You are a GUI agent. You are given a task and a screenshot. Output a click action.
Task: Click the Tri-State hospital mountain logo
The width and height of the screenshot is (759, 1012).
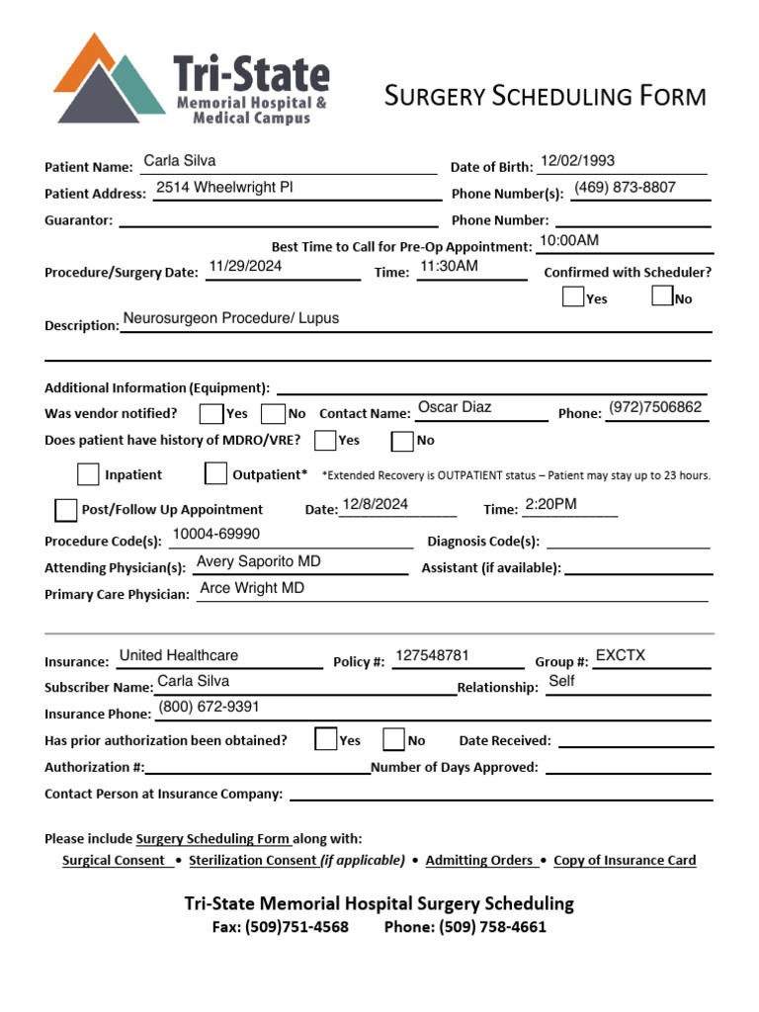[109, 79]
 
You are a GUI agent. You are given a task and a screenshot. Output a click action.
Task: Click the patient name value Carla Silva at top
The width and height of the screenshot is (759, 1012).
[179, 161]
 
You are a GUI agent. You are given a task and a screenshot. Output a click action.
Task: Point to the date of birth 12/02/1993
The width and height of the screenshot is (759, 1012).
[577, 161]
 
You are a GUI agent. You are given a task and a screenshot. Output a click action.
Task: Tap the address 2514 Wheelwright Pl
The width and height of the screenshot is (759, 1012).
[224, 188]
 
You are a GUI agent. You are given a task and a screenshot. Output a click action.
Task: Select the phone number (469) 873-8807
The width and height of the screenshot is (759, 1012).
[625, 188]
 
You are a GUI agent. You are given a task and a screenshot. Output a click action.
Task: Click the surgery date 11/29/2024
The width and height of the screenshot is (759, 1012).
[245, 266]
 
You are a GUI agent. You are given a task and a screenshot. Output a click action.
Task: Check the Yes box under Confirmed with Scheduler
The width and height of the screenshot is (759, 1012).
[572, 296]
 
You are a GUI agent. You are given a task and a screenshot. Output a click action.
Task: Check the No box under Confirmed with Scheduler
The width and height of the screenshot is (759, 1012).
[662, 296]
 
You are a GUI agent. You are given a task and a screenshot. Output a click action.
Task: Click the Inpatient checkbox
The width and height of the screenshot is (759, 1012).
[88, 474]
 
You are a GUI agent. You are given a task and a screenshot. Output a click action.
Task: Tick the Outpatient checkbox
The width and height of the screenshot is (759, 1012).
[215, 474]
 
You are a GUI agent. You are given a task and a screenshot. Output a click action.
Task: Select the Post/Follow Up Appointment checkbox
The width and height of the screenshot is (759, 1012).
[65, 510]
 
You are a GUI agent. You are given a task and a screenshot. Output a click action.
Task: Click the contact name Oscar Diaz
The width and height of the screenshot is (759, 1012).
[455, 407]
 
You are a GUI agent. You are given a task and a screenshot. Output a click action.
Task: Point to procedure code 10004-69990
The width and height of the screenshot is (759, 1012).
[215, 535]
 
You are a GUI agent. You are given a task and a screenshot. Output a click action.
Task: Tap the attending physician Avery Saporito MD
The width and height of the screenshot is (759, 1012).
[258, 561]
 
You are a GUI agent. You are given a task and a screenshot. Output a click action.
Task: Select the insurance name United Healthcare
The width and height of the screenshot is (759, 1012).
[178, 655]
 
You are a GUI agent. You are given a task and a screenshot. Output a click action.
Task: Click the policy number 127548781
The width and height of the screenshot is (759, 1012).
[432, 655]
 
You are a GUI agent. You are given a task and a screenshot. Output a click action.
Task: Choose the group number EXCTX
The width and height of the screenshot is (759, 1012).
[620, 655]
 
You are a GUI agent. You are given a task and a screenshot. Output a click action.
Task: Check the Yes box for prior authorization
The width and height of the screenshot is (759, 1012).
[325, 739]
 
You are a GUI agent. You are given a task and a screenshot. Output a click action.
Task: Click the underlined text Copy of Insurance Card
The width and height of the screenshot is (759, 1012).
[625, 861]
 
